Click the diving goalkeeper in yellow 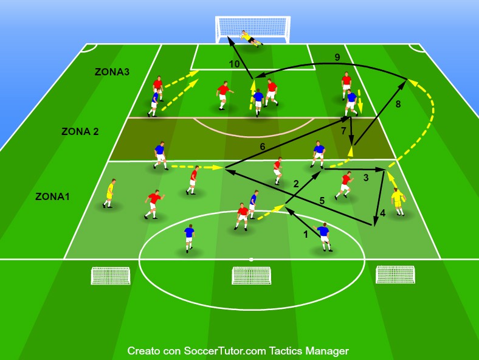click(x=251, y=38)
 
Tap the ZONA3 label click(x=112, y=72)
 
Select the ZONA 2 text click(x=80, y=131)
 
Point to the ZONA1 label click(x=52, y=196)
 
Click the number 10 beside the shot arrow click(x=234, y=64)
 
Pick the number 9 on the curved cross click(x=337, y=57)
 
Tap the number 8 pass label click(x=398, y=104)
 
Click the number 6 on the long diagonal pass click(x=262, y=147)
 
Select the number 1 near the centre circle click(x=305, y=234)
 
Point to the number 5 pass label click(x=322, y=201)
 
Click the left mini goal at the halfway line click(x=111, y=275)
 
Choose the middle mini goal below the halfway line click(x=251, y=275)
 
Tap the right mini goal click(x=395, y=274)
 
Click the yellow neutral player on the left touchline click(x=109, y=193)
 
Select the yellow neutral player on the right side click(x=398, y=202)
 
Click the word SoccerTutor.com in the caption click(x=224, y=351)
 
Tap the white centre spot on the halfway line click(x=251, y=260)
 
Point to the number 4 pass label click(x=382, y=213)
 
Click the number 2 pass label click(x=295, y=184)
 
